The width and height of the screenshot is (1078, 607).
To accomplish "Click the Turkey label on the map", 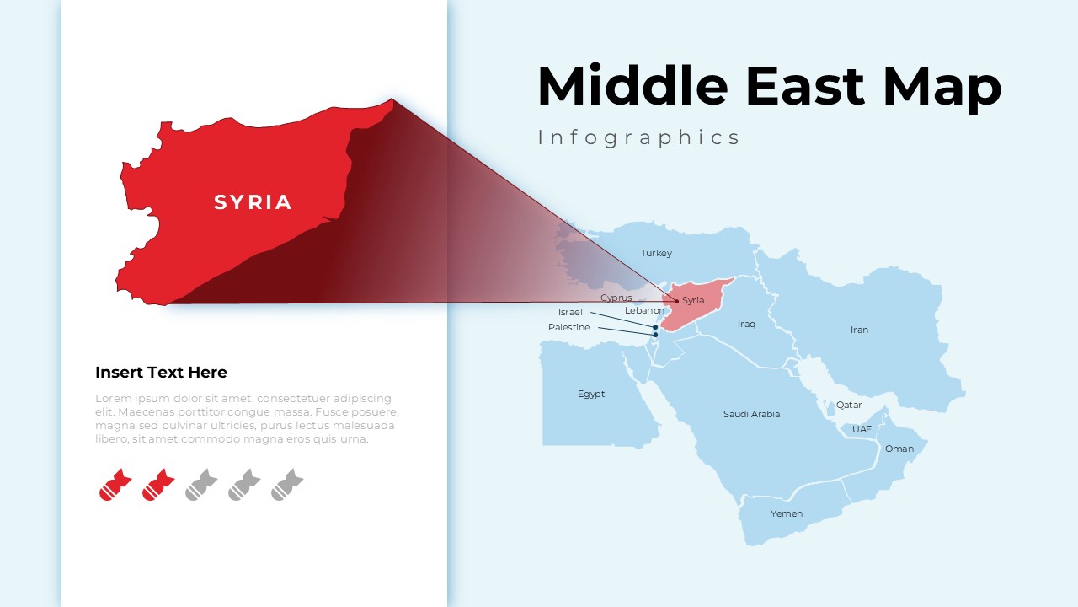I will coord(656,253).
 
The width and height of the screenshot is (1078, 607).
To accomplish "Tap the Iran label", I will coord(859,330).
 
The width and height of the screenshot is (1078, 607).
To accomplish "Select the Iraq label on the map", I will coord(746,324).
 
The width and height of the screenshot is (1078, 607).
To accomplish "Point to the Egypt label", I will coord(591,394).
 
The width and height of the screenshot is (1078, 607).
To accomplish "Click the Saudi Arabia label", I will coord(751,414).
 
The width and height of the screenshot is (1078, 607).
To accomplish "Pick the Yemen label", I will coord(787,513).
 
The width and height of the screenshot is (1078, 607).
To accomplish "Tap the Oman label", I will coord(899,449).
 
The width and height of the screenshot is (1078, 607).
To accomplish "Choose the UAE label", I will coord(862,429).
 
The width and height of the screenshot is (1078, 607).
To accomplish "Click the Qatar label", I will coord(849,405).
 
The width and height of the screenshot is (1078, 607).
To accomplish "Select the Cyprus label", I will coord(616,298).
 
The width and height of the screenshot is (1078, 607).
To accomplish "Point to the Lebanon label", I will coord(644,310).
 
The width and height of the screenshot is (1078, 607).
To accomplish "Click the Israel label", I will coord(570,312).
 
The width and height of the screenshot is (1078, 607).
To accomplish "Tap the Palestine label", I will coord(569,327).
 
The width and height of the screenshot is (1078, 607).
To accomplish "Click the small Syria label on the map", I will coord(693,300).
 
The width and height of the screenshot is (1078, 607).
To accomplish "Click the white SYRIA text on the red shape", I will coord(253,202).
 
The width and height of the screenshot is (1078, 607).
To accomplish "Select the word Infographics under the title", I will coord(639,137).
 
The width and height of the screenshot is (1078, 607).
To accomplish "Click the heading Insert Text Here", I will coord(161,373).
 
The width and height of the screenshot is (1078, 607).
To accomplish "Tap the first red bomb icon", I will coord(115,485).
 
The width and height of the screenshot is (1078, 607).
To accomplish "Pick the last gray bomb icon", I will coord(287,485).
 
